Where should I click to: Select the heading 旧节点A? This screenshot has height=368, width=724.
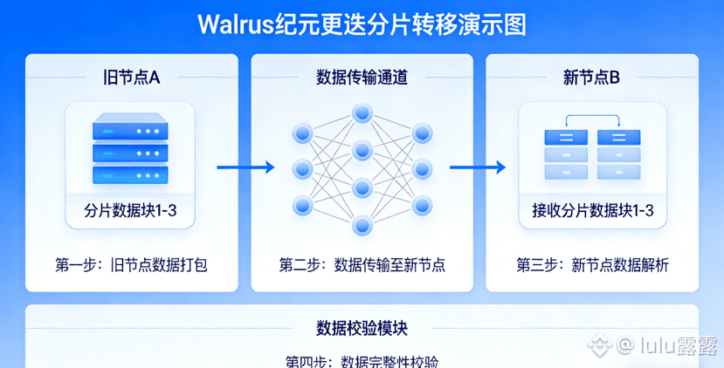click(131, 78)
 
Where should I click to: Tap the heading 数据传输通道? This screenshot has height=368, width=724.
click(362, 78)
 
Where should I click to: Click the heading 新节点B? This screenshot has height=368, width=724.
click(591, 78)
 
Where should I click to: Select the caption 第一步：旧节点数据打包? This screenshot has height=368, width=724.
click(131, 264)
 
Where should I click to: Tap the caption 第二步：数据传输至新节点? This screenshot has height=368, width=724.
click(362, 264)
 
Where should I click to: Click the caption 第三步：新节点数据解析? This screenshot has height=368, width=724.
click(592, 264)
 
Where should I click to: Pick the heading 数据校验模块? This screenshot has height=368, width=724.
click(362, 329)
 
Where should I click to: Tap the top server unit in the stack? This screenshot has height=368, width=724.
click(129, 131)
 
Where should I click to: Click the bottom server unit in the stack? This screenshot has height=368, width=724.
click(129, 174)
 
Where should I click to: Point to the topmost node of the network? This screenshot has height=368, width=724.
click(362, 112)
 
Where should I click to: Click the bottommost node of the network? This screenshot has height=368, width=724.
click(362, 224)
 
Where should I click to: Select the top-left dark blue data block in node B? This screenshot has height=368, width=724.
click(563, 137)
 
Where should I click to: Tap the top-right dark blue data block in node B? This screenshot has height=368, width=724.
click(618, 137)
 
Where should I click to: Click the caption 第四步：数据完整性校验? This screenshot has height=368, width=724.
click(362, 361)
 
